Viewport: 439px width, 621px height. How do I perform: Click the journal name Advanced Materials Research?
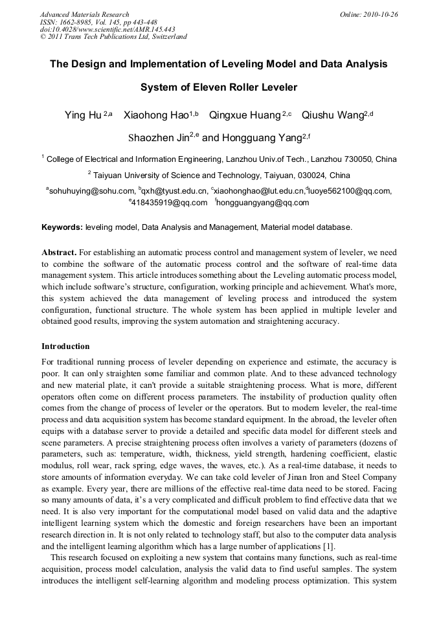[84, 14]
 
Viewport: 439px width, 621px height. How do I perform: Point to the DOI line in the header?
[107, 29]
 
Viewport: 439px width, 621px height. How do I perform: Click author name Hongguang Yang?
[258, 137]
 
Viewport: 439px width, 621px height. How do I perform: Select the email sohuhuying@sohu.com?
[91, 191]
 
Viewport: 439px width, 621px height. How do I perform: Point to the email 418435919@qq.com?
[161, 203]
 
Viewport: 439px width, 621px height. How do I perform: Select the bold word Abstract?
[59, 251]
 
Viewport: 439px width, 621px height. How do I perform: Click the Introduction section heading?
[65, 346]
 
